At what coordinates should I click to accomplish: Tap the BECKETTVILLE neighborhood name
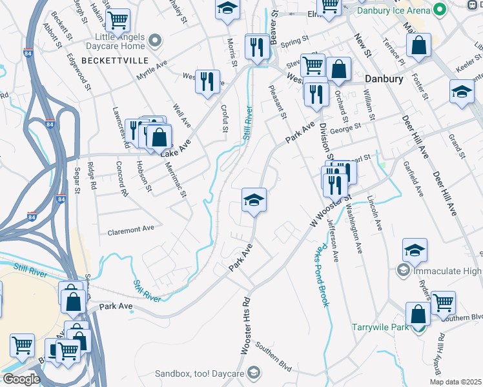116,60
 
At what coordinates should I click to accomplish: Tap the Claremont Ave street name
131,229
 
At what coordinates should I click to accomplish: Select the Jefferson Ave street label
333,239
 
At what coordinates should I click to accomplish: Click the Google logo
21,379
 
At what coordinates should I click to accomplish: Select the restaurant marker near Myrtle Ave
207,82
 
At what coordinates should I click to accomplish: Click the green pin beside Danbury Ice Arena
440,10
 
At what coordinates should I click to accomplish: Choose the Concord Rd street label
121,179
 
